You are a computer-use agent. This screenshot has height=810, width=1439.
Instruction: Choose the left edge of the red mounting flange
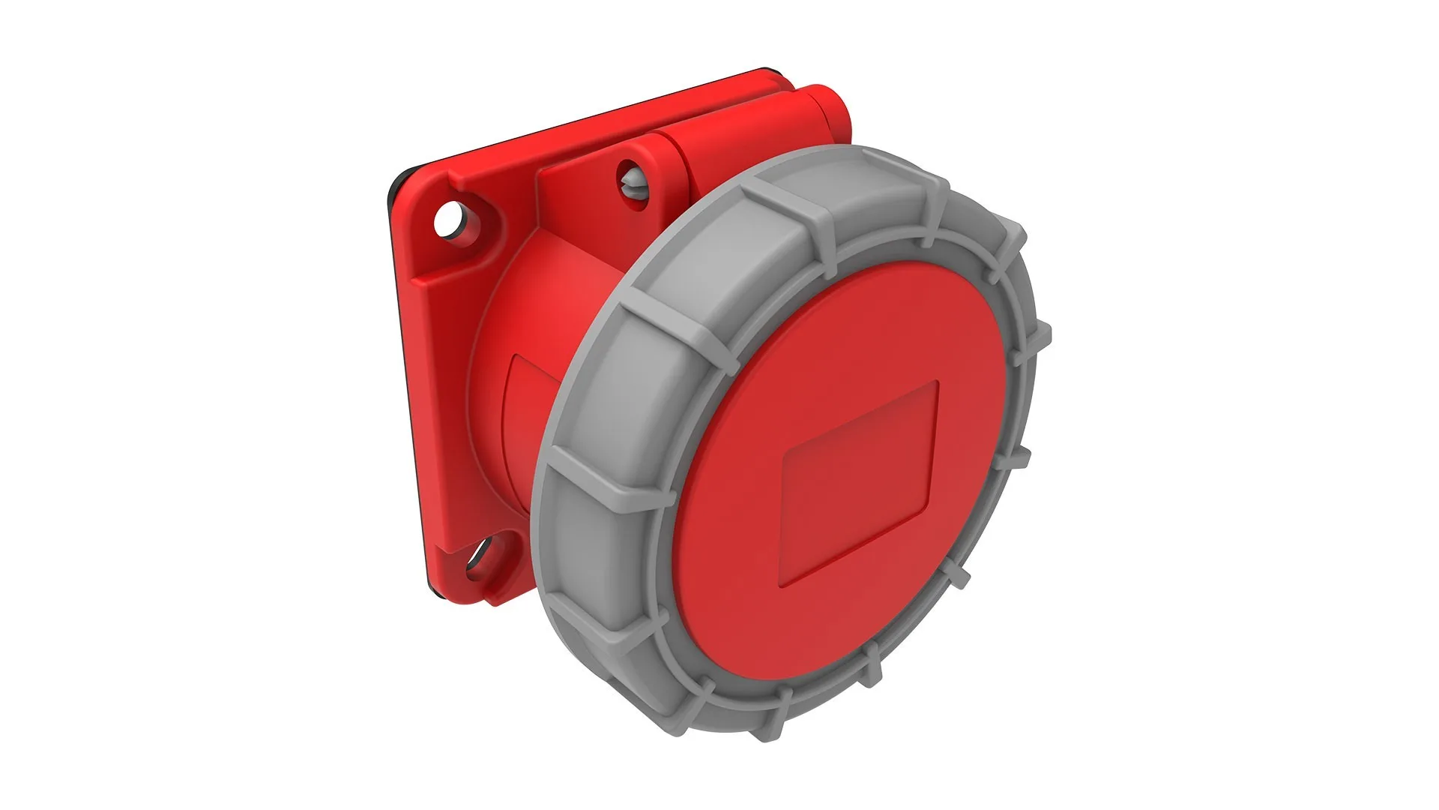[405, 375]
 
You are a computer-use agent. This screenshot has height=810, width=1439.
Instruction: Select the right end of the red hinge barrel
[843, 112]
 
